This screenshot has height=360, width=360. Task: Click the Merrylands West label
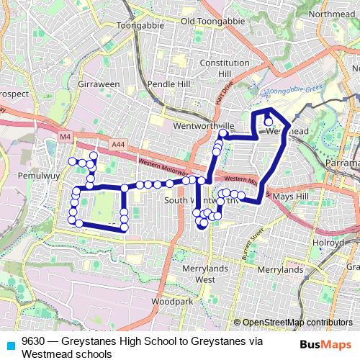pyautogui.click(x=195, y=274)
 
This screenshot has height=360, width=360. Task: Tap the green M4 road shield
pyautogui.click(x=66, y=136)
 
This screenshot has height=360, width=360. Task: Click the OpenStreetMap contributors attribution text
pyautogui.click(x=297, y=323)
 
